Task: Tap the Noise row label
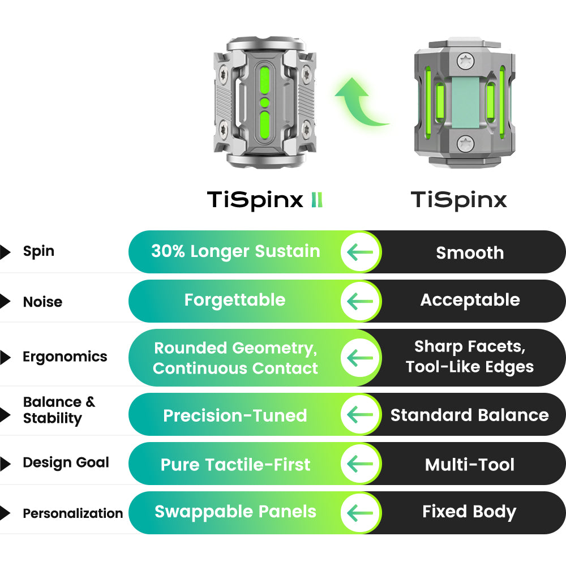coord(42,302)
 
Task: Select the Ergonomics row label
coord(65,357)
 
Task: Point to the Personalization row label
coord(73,513)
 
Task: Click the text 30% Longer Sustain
coord(235,251)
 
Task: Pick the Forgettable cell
coord(235,301)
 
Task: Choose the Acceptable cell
coord(470,301)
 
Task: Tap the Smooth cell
coord(470,252)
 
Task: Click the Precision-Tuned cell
coord(235,415)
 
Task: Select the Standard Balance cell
coord(470,415)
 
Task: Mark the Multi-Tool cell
coord(470,465)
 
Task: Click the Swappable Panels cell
coord(235,512)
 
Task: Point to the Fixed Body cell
coord(469,512)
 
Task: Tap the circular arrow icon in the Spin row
coord(360,252)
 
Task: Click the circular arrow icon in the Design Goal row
coord(360,464)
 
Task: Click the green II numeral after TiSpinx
coord(317,200)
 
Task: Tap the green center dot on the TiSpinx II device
coord(264,102)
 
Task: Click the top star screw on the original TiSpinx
coord(466,61)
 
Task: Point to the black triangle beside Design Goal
coord(5,464)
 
